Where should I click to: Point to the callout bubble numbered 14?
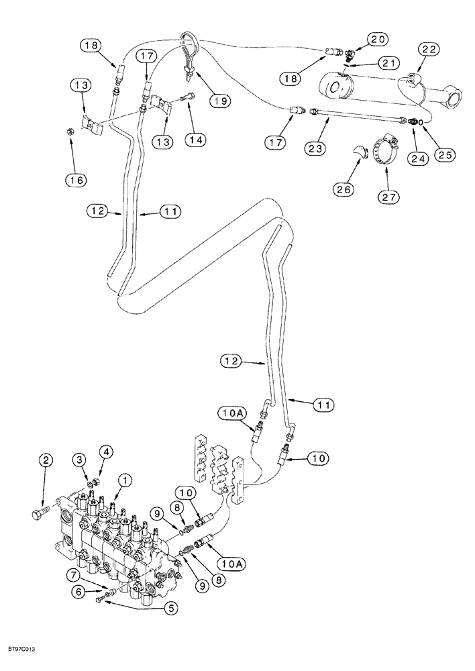tap(197, 140)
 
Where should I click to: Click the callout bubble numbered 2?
tap(45, 460)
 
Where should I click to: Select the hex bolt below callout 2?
tap(38, 514)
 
